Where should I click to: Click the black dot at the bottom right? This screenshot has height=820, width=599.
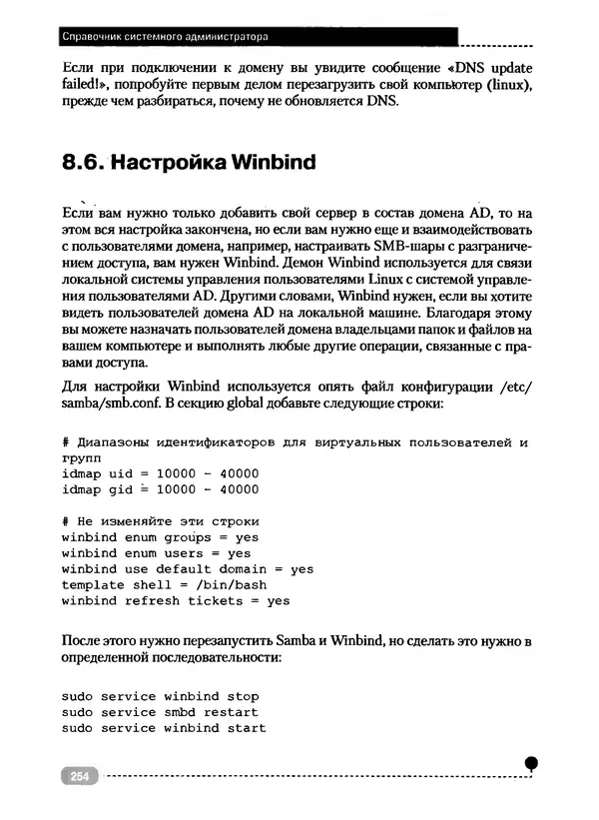pyautogui.click(x=531, y=763)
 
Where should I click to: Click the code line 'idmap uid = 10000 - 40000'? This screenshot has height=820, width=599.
pyautogui.click(x=160, y=472)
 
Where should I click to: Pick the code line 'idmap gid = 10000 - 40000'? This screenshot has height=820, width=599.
pyautogui.click(x=160, y=488)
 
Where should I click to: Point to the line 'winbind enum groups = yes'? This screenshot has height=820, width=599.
pyautogui.click(x=160, y=536)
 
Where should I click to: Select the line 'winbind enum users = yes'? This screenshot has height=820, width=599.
pyautogui.click(x=156, y=552)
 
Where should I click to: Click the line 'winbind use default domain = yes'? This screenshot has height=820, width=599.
pyautogui.click(x=187, y=568)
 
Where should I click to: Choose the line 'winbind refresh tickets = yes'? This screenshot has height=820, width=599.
pyautogui.click(x=175, y=600)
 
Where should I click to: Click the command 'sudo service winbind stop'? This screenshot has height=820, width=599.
pyautogui.click(x=160, y=696)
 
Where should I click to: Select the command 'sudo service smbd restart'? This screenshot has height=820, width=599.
pyautogui.click(x=160, y=712)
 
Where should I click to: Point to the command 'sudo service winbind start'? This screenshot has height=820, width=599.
pyautogui.click(x=164, y=728)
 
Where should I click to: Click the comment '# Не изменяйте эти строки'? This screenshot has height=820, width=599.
pyautogui.click(x=160, y=520)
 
